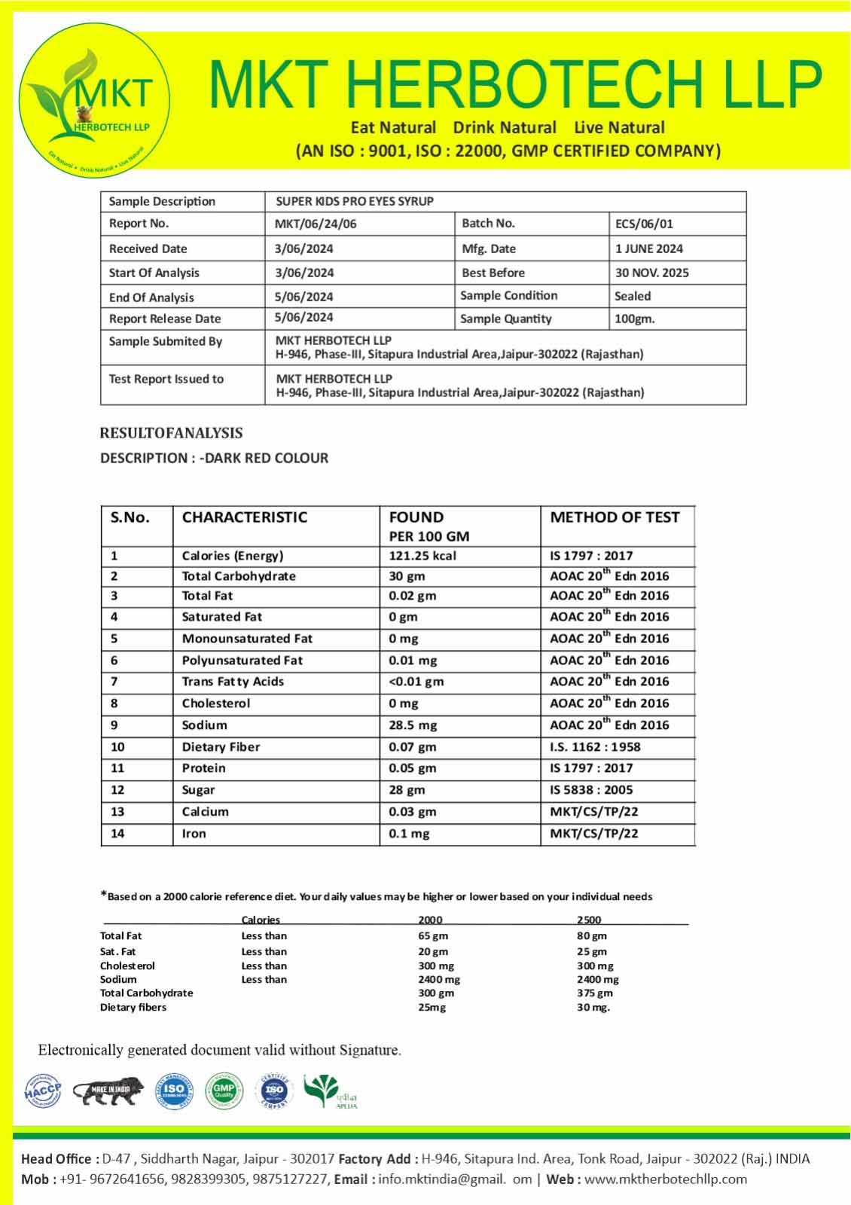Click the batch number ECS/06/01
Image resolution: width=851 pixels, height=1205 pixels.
click(x=644, y=224)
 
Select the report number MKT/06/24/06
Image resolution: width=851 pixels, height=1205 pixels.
click(x=316, y=224)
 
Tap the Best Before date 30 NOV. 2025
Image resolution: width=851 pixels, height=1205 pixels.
click(x=651, y=273)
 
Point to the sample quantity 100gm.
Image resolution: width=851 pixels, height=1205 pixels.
click(x=634, y=319)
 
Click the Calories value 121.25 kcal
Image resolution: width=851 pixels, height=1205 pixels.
click(x=422, y=556)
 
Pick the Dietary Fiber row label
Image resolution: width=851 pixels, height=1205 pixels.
click(x=221, y=747)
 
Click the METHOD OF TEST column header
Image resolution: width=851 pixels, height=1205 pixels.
click(x=615, y=517)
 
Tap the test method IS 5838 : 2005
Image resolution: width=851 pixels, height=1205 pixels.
click(x=591, y=790)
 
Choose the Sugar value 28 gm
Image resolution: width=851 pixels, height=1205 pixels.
click(x=407, y=790)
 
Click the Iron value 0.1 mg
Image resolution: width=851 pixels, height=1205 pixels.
click(x=409, y=834)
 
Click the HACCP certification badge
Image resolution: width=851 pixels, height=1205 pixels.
click(x=42, y=1091)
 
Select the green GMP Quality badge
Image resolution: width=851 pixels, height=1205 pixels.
click(x=224, y=1091)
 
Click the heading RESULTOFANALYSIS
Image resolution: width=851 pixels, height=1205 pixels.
click(x=171, y=433)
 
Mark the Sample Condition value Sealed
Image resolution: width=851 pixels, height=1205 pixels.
click(x=633, y=296)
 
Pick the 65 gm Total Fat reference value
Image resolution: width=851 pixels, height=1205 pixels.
click(x=433, y=936)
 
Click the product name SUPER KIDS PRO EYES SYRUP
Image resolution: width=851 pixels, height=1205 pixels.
click(x=355, y=201)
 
